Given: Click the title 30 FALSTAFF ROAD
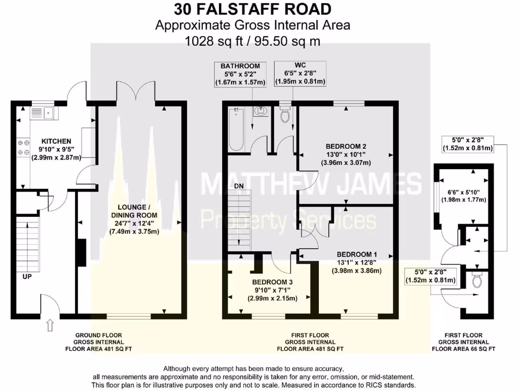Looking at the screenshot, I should click(x=252, y=9).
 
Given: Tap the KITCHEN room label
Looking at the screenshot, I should click(x=56, y=141).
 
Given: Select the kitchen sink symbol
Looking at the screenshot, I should click(x=45, y=112).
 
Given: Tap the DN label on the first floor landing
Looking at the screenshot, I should click(x=239, y=186).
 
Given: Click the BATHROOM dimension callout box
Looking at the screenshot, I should click(x=240, y=74).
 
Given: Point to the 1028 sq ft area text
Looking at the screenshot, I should click(x=252, y=41).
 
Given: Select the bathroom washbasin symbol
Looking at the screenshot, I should click(x=262, y=111).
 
